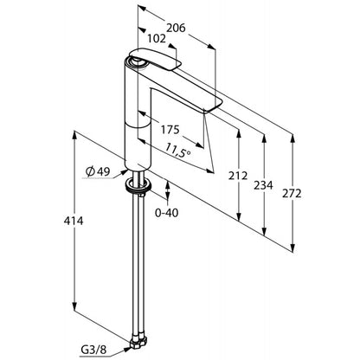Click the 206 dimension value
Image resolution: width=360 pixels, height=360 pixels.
tap(176, 28)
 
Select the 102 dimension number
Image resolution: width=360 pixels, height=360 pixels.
tap(157, 39)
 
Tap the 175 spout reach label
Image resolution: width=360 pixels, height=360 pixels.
tap(170, 130)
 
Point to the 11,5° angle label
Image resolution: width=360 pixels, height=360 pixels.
tap(178, 151)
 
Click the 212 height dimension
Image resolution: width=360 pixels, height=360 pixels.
tap(238, 176)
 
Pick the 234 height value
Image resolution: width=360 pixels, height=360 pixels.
tap(263, 185)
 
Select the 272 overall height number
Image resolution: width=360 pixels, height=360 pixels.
tap(292, 194)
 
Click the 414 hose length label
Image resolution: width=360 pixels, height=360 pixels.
tap(74, 221)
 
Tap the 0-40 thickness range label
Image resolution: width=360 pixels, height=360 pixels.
tap(167, 213)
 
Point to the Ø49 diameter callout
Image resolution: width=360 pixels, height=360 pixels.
tap(98, 172)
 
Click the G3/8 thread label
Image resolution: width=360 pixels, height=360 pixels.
tap(93, 350)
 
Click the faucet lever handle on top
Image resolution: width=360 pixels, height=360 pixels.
tap(154, 59)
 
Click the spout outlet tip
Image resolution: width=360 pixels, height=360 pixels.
tap(213, 106)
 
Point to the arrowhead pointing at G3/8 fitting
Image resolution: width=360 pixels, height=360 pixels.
tap(127, 349)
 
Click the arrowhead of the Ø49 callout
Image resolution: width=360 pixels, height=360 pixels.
tap(125, 171)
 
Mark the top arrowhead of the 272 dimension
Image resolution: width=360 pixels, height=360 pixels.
tap(292, 138)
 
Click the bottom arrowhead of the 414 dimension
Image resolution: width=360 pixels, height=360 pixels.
tap(74, 306)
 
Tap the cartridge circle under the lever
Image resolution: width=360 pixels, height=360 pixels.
tap(136, 61)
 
